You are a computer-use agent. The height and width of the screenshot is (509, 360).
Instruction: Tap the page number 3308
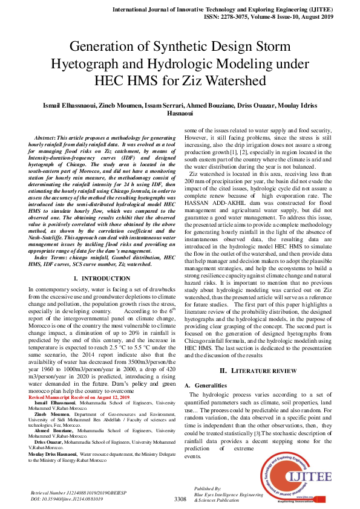tap(180, 499)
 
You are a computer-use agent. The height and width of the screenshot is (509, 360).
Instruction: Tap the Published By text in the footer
tap(207, 488)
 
